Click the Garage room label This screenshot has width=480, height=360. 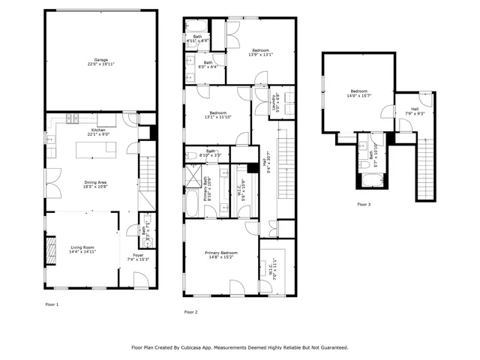click(100, 60)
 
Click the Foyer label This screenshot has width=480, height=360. click(138, 256)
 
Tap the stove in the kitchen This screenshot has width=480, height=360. click(73, 118)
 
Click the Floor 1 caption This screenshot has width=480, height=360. click(52, 304)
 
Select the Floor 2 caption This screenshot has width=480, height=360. click(190, 311)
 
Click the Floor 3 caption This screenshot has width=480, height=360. click(364, 204)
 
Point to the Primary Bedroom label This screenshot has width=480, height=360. click(222, 253)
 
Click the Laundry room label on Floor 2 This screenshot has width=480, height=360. click(274, 103)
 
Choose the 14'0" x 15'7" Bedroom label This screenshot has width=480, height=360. click(359, 91)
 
